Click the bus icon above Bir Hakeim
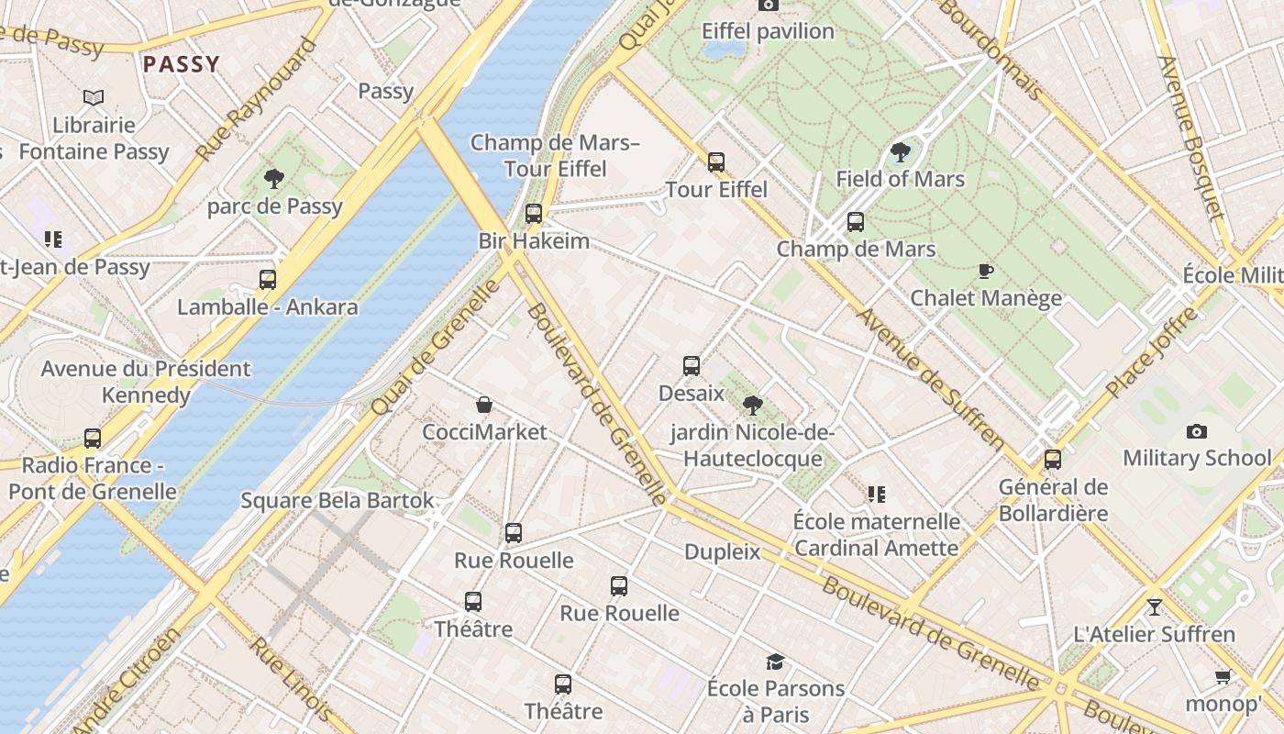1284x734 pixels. click(534, 215)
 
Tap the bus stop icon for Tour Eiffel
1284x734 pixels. click(716, 162)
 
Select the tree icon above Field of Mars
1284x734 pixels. click(900, 152)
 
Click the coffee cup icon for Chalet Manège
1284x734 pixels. click(986, 271)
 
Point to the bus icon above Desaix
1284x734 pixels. click(692, 366)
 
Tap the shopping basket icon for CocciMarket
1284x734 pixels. click(483, 405)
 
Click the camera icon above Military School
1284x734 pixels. click(1197, 431)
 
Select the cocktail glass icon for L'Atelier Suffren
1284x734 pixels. click(1154, 607)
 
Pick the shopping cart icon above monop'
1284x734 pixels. click(1223, 677)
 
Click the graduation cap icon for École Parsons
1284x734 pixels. click(775, 662)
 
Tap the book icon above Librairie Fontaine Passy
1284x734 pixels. click(94, 97)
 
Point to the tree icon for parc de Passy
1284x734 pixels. click(273, 179)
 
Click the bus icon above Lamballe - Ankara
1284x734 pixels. click(268, 280)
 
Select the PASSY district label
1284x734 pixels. click(182, 64)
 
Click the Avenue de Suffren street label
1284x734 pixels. click(931, 379)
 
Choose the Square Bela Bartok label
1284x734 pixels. click(337, 501)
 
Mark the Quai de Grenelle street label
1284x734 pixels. click(437, 347)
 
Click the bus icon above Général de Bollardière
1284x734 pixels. click(1053, 460)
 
